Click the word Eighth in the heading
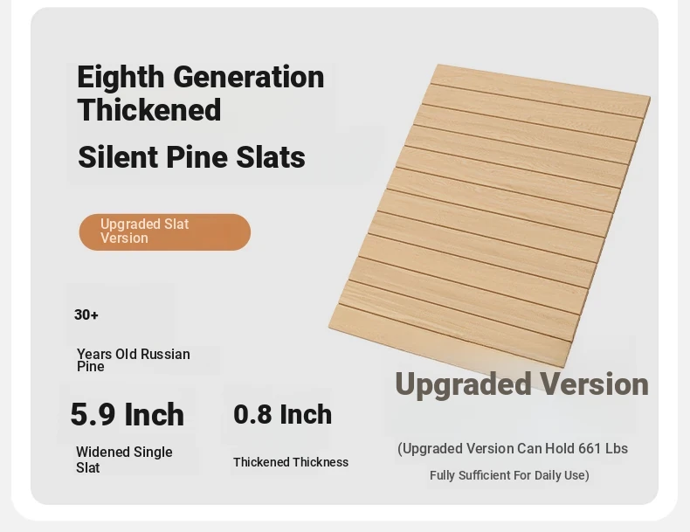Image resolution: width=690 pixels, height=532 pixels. tap(121, 78)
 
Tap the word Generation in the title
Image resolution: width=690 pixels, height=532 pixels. tap(249, 77)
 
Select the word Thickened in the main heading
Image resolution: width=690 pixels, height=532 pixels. tap(149, 110)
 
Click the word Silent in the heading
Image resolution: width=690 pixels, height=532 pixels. tap(118, 157)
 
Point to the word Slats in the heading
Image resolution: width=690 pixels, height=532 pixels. tap(271, 157)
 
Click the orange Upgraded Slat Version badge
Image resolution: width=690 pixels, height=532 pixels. tap(165, 231)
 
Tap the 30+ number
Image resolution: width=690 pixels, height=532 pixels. tap(86, 315)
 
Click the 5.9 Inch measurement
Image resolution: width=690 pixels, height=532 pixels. tap(128, 415)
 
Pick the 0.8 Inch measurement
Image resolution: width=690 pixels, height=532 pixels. tap(282, 415)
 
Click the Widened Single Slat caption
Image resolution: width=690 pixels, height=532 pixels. tap(124, 459)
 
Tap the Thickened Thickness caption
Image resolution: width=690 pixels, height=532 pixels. tap(291, 462)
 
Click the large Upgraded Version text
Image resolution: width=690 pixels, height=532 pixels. tap(522, 384)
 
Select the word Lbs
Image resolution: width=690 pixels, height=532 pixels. tap(617, 448)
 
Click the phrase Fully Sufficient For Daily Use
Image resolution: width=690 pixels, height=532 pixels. tap(507, 475)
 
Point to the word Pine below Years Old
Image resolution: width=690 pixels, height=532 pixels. tap(91, 367)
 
